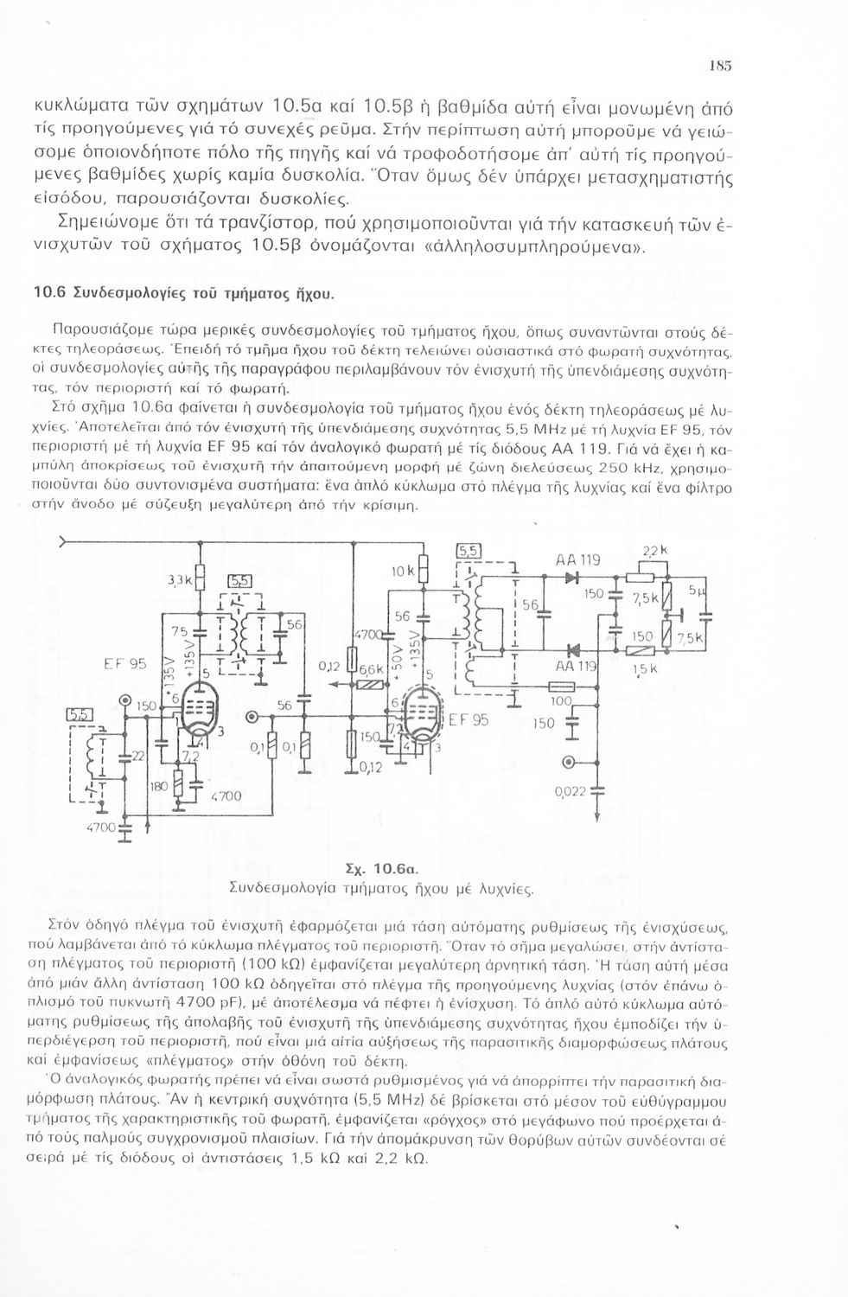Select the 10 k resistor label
point(405,571)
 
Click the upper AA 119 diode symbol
point(571,578)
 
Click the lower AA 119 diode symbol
point(571,649)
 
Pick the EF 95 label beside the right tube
point(468,719)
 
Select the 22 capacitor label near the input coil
point(137,756)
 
